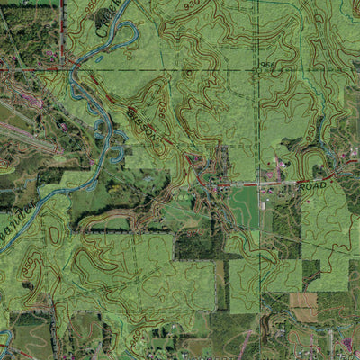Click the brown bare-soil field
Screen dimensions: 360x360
coord(303,306)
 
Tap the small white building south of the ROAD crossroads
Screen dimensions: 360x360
coord(263,205)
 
